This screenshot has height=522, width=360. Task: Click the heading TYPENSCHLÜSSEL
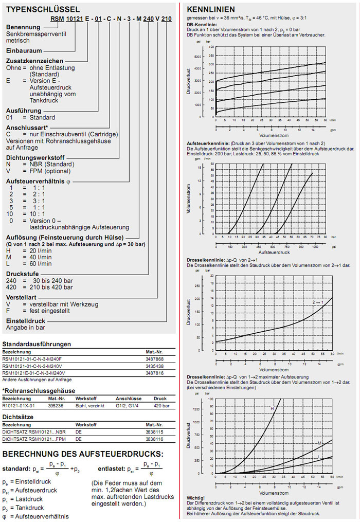35,9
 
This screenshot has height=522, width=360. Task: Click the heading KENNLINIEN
211,9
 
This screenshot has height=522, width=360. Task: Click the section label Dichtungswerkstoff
34,157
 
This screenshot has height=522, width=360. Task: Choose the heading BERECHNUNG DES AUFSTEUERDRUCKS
83,454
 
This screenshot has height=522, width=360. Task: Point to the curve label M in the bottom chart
319,442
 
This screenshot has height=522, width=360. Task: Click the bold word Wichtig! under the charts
196,498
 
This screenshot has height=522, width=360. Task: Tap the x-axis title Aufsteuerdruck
272,253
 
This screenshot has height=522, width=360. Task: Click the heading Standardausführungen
37,344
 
